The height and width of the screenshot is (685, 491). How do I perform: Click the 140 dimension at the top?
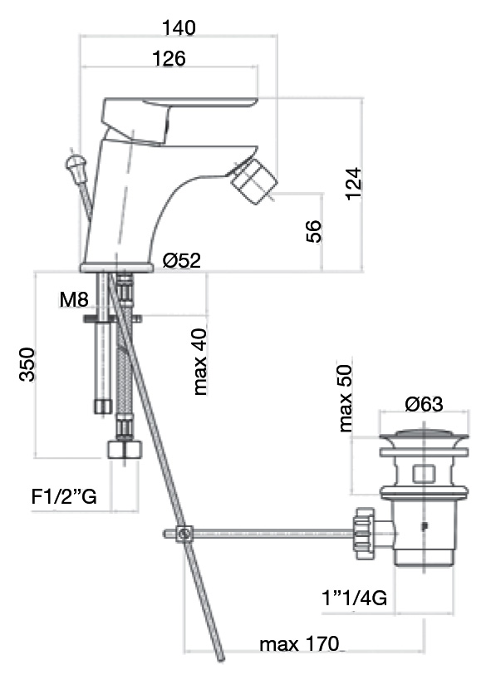coord(179,28)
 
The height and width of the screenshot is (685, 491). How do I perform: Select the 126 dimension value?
coord(169,58)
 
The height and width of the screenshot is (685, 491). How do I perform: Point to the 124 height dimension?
coord(354,184)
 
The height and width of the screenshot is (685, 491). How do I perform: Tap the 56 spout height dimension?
coord(313,232)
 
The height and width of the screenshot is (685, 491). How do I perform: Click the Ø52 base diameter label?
coord(182,260)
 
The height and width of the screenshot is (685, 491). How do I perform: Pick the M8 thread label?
coord(74,299)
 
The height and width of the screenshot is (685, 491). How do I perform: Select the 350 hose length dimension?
coord(27,365)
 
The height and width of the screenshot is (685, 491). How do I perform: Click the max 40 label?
coord(200,362)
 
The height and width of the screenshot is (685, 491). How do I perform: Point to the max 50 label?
coord(345,398)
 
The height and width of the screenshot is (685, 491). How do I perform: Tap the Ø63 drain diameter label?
coord(424,404)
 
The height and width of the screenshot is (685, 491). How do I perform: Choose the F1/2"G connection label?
coord(64,497)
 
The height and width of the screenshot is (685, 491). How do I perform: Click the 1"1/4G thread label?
coord(355,598)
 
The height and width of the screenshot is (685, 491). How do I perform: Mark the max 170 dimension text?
coord(299,644)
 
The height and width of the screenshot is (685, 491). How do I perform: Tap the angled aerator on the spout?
coord(254,180)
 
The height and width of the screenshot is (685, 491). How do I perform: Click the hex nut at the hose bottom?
coord(125,449)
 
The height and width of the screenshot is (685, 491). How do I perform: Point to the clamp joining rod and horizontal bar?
coord(184,534)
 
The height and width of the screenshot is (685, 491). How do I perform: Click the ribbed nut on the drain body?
coord(364,534)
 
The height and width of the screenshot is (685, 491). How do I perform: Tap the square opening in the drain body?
coord(424,475)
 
